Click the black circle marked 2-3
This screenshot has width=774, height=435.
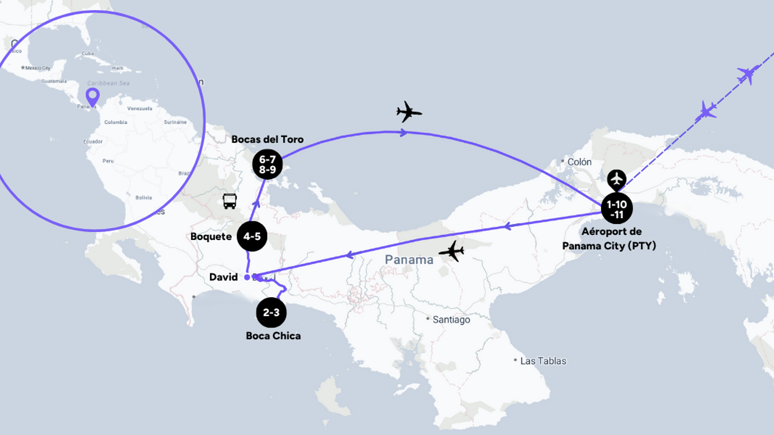click(x=271, y=312)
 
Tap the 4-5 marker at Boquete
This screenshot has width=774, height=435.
click(x=252, y=236)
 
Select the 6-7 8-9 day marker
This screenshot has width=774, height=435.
click(x=267, y=164)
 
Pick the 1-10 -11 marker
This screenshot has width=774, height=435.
click(x=617, y=209)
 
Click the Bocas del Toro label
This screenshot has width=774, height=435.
click(x=267, y=139)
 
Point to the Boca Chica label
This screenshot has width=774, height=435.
click(x=273, y=336)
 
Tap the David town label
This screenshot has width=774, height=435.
click(x=223, y=277)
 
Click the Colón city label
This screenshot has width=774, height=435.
click(x=579, y=162)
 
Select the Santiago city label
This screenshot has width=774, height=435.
click(x=451, y=319)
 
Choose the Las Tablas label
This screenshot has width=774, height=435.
click(x=543, y=361)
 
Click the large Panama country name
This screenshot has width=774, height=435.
click(x=409, y=260)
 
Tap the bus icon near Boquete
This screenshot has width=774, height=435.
click(x=229, y=201)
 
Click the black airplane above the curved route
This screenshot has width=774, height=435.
click(x=409, y=112)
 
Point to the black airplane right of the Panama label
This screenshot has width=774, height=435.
click(x=452, y=251)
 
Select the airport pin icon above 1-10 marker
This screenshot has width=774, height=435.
click(x=616, y=179)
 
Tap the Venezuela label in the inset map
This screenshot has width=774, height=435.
click(x=140, y=108)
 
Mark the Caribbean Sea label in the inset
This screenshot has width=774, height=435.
click(x=108, y=83)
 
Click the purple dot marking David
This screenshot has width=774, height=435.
click(x=247, y=277)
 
